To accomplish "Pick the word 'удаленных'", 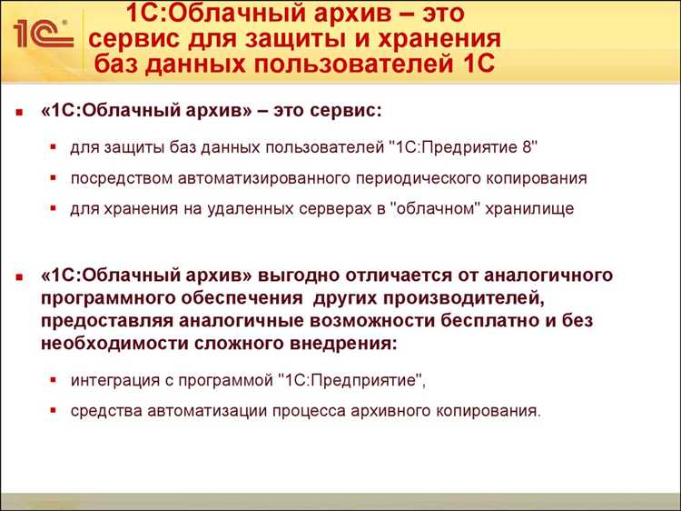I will (212, 208).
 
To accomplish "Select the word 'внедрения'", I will (343, 345).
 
